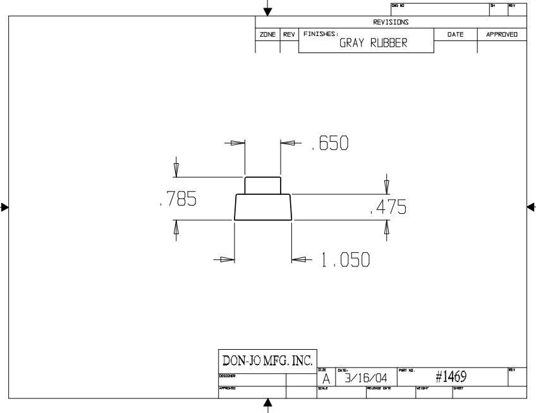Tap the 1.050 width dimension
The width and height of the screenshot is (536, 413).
tap(345, 261)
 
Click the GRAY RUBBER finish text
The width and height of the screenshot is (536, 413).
tap(373, 43)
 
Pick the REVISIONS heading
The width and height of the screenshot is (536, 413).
tap(391, 22)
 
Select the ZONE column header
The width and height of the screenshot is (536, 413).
tap(267, 34)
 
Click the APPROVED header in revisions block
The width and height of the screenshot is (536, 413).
tap(502, 34)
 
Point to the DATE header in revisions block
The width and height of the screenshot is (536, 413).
tap(455, 34)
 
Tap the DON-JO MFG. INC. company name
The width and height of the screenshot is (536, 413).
tap(266, 361)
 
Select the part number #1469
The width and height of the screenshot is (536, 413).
tap(451, 377)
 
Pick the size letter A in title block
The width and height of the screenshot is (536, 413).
tap(326, 379)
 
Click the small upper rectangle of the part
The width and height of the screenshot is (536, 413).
tap(262, 185)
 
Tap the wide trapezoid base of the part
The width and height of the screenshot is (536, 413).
tap(263, 207)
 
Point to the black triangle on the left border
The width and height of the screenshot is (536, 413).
tap(5, 206)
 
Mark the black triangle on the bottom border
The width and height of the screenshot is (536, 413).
tap(268, 403)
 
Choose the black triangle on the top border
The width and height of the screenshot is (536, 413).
tap(268, 10)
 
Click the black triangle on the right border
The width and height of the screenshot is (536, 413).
tap(530, 206)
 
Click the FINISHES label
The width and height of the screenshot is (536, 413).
tap(320, 34)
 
